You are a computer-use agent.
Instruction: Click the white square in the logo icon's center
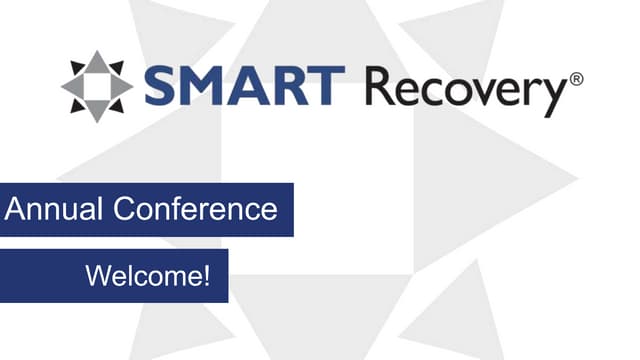[97, 86]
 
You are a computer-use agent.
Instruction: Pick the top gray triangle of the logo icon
[97, 62]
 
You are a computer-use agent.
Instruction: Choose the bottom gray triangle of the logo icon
[97, 110]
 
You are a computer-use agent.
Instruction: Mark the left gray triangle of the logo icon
[72, 86]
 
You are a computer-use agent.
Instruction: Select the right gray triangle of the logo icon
[122, 86]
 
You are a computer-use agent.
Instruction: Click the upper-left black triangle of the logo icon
[77, 67]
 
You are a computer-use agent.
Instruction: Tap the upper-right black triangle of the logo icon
[117, 67]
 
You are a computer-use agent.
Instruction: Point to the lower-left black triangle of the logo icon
[77, 105]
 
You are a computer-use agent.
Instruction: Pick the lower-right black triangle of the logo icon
[117, 105]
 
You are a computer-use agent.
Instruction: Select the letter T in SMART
[328, 86]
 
